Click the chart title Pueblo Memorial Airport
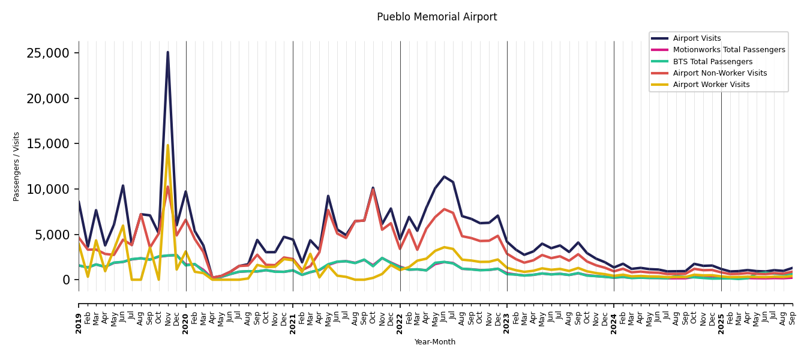tap(437, 17)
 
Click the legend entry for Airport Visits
tap(697, 38)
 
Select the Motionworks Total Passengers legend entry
tap(728, 50)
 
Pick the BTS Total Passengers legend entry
tap(712, 62)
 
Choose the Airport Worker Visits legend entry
tap(711, 85)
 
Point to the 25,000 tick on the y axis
tap(48, 53)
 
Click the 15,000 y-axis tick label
tap(48, 143)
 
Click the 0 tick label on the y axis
tap(67, 280)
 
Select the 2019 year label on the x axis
tap(79, 315)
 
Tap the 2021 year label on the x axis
tap(293, 315)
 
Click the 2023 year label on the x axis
tap(507, 315)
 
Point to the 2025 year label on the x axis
tap(721, 315)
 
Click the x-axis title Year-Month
tap(435, 342)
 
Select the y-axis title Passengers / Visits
tap(17, 166)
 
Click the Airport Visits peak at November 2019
tap(167, 52)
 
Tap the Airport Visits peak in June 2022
tap(444, 176)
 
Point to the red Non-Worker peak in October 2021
tap(373, 190)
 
